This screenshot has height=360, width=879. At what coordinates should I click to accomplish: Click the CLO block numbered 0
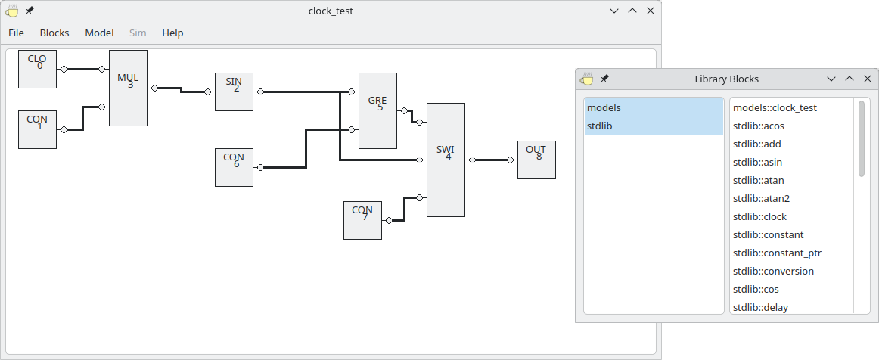[37, 69]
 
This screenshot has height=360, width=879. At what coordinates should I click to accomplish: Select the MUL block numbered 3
[128, 88]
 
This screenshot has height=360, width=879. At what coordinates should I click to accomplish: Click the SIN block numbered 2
[234, 92]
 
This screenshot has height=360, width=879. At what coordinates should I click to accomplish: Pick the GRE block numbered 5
[377, 110]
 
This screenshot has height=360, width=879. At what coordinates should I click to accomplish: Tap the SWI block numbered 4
[446, 160]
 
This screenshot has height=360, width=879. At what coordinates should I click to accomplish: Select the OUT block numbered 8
[536, 160]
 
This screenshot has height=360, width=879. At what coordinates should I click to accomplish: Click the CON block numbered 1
[37, 129]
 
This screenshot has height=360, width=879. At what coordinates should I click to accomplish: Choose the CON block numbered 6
[234, 167]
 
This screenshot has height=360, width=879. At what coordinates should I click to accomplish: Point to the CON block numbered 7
[362, 220]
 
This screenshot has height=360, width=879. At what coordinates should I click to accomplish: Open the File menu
[16, 33]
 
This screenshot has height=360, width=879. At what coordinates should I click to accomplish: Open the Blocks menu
[54, 33]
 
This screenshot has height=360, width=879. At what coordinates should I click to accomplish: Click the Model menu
[99, 33]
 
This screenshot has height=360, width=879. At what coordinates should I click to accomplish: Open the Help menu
[172, 33]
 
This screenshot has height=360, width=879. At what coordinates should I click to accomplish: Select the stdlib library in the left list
[599, 126]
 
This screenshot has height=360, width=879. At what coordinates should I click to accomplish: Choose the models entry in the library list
[604, 107]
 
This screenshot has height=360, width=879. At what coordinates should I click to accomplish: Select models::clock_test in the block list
[775, 107]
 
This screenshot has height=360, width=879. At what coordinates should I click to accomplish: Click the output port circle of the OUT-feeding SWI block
[472, 160]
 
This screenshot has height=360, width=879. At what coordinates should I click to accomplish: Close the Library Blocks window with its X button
[867, 79]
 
